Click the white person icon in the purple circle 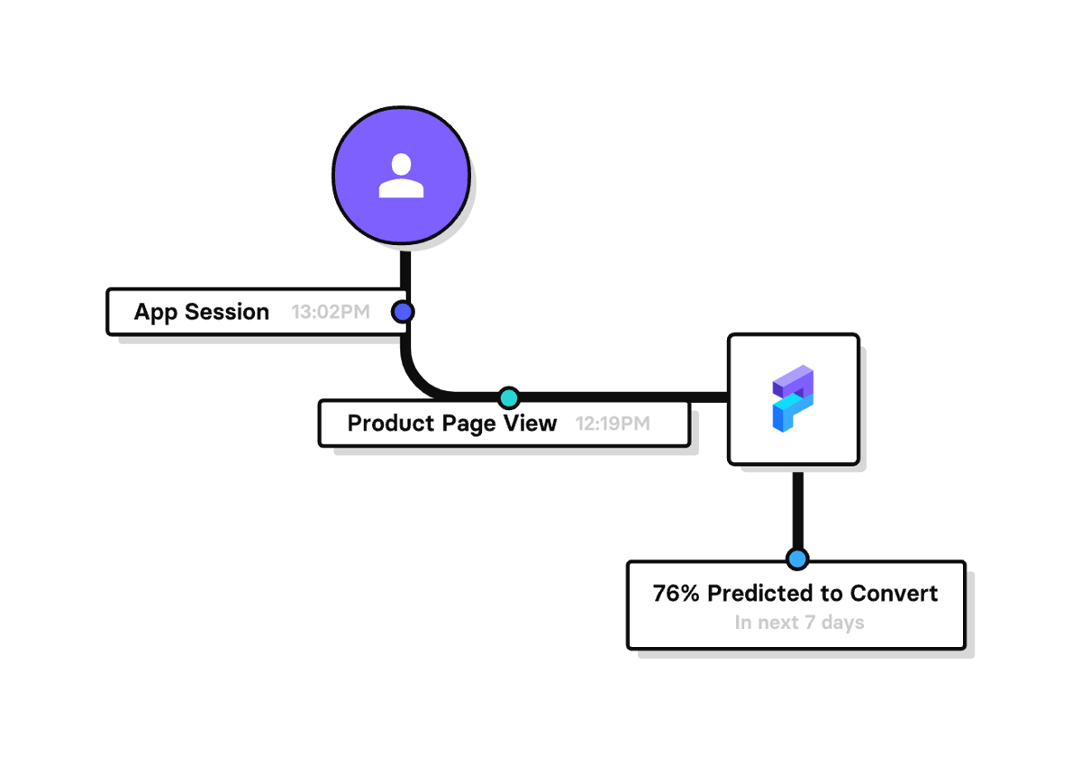(x=401, y=176)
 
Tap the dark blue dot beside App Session (x=403, y=312)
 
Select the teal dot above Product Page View (x=509, y=397)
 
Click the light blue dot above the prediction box (x=796, y=560)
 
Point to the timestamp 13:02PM (x=331, y=313)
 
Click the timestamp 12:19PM (x=613, y=423)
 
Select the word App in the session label (x=157, y=313)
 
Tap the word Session (x=227, y=313)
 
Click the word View (x=531, y=423)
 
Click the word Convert (x=895, y=594)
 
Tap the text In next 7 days (x=799, y=623)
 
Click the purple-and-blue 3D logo (x=793, y=399)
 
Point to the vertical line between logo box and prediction (x=797, y=509)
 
